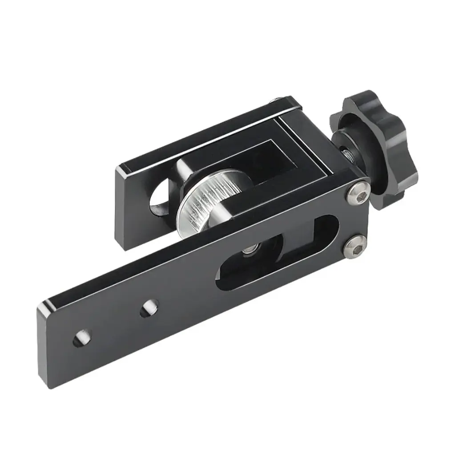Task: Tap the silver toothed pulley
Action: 200,200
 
